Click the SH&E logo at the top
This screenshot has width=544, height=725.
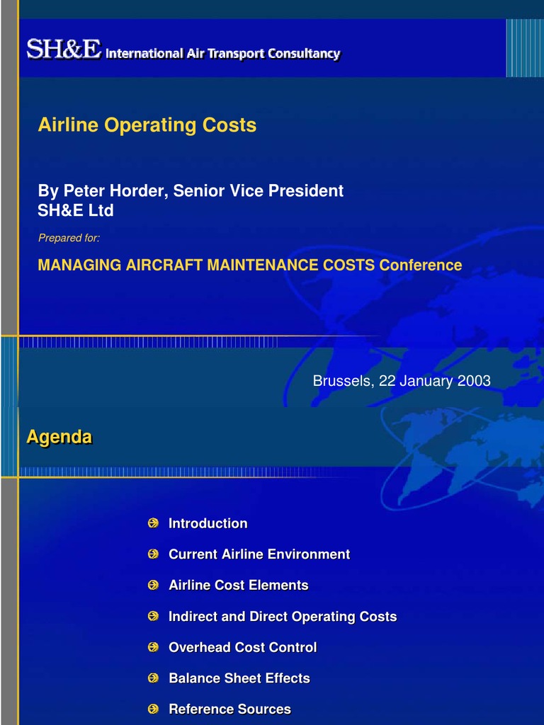pos(64,50)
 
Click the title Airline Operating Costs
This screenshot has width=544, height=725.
pos(147,125)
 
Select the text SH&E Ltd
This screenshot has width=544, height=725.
pos(76,211)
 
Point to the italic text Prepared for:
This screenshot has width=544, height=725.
pos(69,239)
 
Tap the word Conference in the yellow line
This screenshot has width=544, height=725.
pos(420,266)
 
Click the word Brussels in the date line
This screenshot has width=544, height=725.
pos(343,381)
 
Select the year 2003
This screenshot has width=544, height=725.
pos(474,381)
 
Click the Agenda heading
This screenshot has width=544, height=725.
pos(59,438)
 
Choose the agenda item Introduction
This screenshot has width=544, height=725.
pos(208,524)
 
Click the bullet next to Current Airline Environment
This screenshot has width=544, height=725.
pos(153,554)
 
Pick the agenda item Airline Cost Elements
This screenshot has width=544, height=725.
pos(238,586)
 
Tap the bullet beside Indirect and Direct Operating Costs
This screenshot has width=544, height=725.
pos(153,617)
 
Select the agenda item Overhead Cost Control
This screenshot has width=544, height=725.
pos(242,647)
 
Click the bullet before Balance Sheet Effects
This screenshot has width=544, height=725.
pos(153,678)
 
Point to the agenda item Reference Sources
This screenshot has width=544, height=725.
pos(229,709)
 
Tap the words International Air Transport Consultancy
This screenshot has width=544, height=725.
pos(222,54)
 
